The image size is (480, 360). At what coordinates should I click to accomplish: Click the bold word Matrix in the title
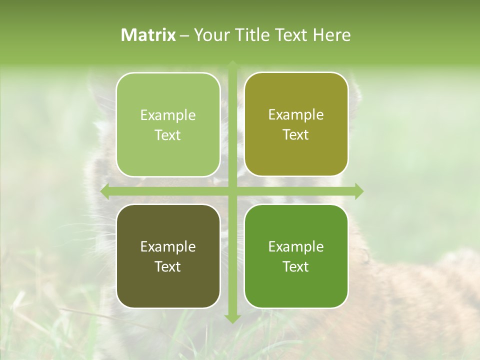148,35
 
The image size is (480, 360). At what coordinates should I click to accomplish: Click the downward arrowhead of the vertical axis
232,318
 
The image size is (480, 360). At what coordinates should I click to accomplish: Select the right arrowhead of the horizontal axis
359,191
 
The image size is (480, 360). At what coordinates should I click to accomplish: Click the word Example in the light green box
168,115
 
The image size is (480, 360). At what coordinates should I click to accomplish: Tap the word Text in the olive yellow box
296,134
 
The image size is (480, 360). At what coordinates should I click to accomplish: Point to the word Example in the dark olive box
168,246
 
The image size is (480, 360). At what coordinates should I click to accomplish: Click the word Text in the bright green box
296,266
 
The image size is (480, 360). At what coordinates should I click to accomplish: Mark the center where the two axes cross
232,191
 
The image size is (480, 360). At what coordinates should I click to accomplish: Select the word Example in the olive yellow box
296,114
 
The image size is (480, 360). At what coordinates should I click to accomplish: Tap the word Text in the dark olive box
168,266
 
